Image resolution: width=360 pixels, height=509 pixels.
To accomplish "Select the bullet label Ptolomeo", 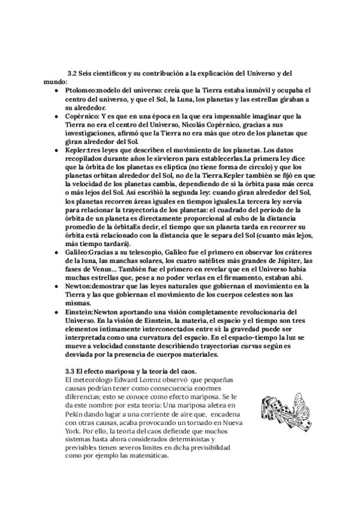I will [79, 89].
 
